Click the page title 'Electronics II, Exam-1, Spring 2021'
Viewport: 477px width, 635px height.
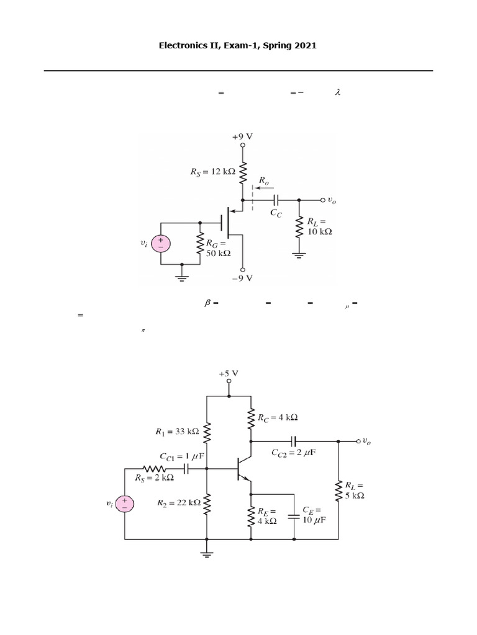(x=238, y=46)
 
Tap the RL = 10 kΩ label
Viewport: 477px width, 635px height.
(x=320, y=226)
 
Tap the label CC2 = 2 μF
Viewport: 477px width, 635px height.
(x=293, y=453)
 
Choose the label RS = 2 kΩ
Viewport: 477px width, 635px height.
(x=154, y=479)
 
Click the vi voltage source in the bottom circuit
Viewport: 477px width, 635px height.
(x=124, y=504)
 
